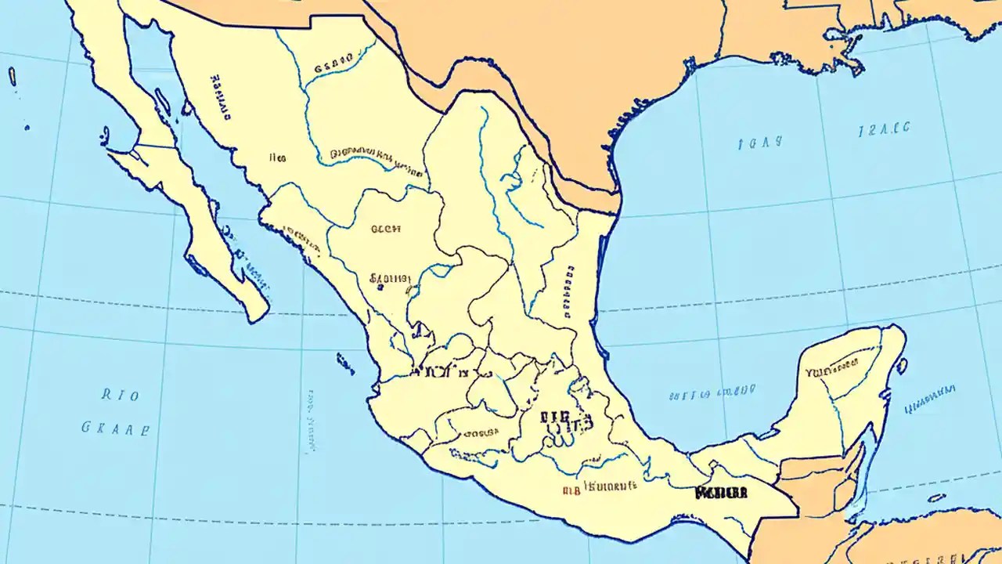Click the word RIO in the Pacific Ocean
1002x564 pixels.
(x=121, y=396)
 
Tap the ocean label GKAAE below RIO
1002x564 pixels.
(x=115, y=428)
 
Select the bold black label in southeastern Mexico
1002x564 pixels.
(x=720, y=493)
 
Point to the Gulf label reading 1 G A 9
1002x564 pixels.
(x=759, y=143)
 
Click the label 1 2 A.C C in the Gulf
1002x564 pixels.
(x=884, y=129)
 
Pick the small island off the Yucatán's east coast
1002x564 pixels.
(x=902, y=365)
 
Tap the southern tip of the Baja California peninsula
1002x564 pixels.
(x=254, y=313)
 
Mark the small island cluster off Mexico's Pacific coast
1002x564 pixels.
(x=344, y=362)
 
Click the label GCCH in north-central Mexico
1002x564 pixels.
(x=385, y=230)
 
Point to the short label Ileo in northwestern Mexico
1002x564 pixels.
(x=277, y=157)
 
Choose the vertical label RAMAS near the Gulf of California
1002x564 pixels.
(x=221, y=98)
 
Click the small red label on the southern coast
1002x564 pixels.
(x=571, y=490)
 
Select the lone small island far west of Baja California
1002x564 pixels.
(x=12, y=76)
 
